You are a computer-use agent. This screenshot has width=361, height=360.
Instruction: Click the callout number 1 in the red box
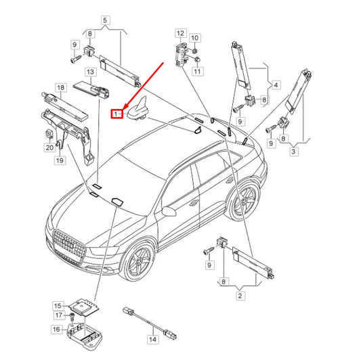pyautogui.click(x=116, y=114)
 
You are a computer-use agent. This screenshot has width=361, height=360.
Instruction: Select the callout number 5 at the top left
pyautogui.click(x=105, y=20)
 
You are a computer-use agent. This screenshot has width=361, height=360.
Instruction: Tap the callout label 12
pyautogui.click(x=180, y=32)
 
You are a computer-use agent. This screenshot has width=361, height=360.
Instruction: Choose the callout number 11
pyautogui.click(x=197, y=71)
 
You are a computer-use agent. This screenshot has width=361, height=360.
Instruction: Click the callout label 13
pyautogui.click(x=89, y=71)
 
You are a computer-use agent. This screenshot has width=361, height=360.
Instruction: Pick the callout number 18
pyautogui.click(x=60, y=88)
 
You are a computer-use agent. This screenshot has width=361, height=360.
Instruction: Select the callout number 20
pyautogui.click(x=49, y=148)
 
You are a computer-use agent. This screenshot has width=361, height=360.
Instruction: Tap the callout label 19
pyautogui.click(x=60, y=160)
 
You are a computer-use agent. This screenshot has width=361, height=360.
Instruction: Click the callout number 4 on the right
pyautogui.click(x=276, y=86)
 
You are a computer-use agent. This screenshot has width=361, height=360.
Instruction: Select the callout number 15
pyautogui.click(x=58, y=306)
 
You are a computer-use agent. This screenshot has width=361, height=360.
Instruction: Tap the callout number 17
pyautogui.click(x=58, y=315)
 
